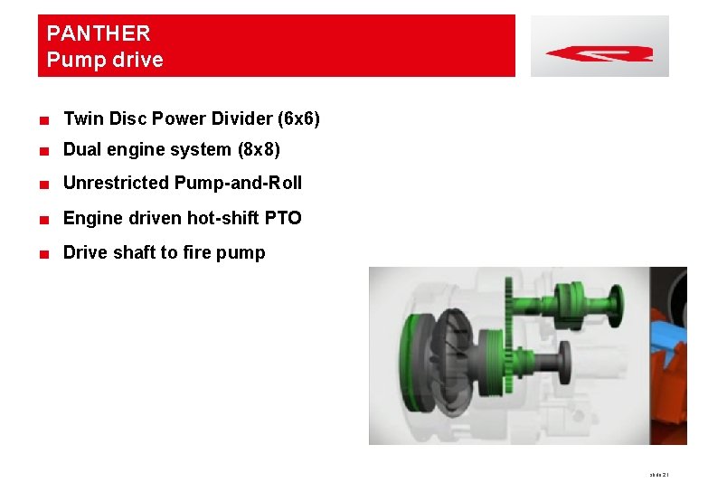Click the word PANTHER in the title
click(99, 33)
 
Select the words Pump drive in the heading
click(105, 61)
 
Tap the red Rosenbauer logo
click(599, 52)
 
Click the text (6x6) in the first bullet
click(300, 118)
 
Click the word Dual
click(81, 149)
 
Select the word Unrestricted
click(116, 183)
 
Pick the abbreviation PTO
click(284, 218)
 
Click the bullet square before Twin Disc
click(43, 119)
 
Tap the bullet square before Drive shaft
click(43, 253)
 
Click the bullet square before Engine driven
click(43, 219)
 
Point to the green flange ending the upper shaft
click(617, 305)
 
